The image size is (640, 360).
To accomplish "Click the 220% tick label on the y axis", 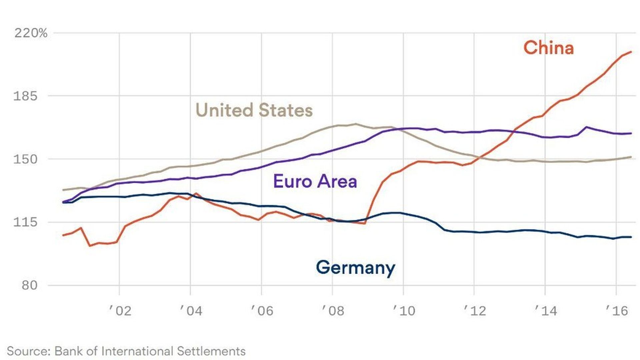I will pyautogui.click(x=31, y=33).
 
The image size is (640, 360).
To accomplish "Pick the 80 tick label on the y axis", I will pyautogui.click(x=30, y=285).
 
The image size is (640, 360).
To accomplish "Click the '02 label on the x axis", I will pyautogui.click(x=120, y=311).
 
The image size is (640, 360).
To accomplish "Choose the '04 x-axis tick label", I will pyautogui.click(x=191, y=311).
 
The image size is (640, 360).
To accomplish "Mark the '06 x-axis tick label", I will pyautogui.click(x=262, y=311).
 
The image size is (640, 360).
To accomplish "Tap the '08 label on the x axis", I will pyautogui.click(x=332, y=311).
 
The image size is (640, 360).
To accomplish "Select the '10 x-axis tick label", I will pyautogui.click(x=403, y=311).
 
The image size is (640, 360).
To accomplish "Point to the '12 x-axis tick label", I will pyautogui.click(x=474, y=311).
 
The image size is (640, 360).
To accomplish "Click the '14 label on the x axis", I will pyautogui.click(x=545, y=311).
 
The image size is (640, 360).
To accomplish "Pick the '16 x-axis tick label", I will pyautogui.click(x=616, y=311).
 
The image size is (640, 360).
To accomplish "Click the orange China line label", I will pyautogui.click(x=549, y=48).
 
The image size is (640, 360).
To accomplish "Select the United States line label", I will pyautogui.click(x=254, y=110).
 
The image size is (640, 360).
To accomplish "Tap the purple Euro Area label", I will pyautogui.click(x=315, y=181).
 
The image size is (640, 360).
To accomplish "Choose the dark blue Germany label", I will pyautogui.click(x=355, y=268).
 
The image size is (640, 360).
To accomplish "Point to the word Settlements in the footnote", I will pyautogui.click(x=211, y=351).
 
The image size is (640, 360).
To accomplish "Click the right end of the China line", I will pyautogui.click(x=631, y=52).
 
